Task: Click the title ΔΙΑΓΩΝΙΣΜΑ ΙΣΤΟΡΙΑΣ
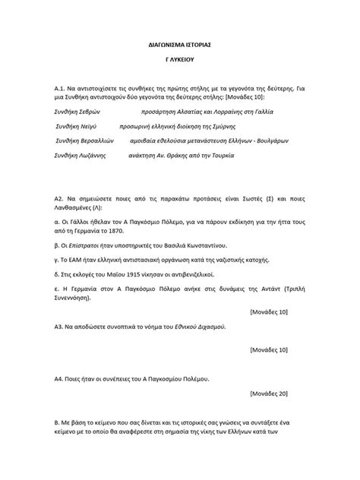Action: click(179, 46)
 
